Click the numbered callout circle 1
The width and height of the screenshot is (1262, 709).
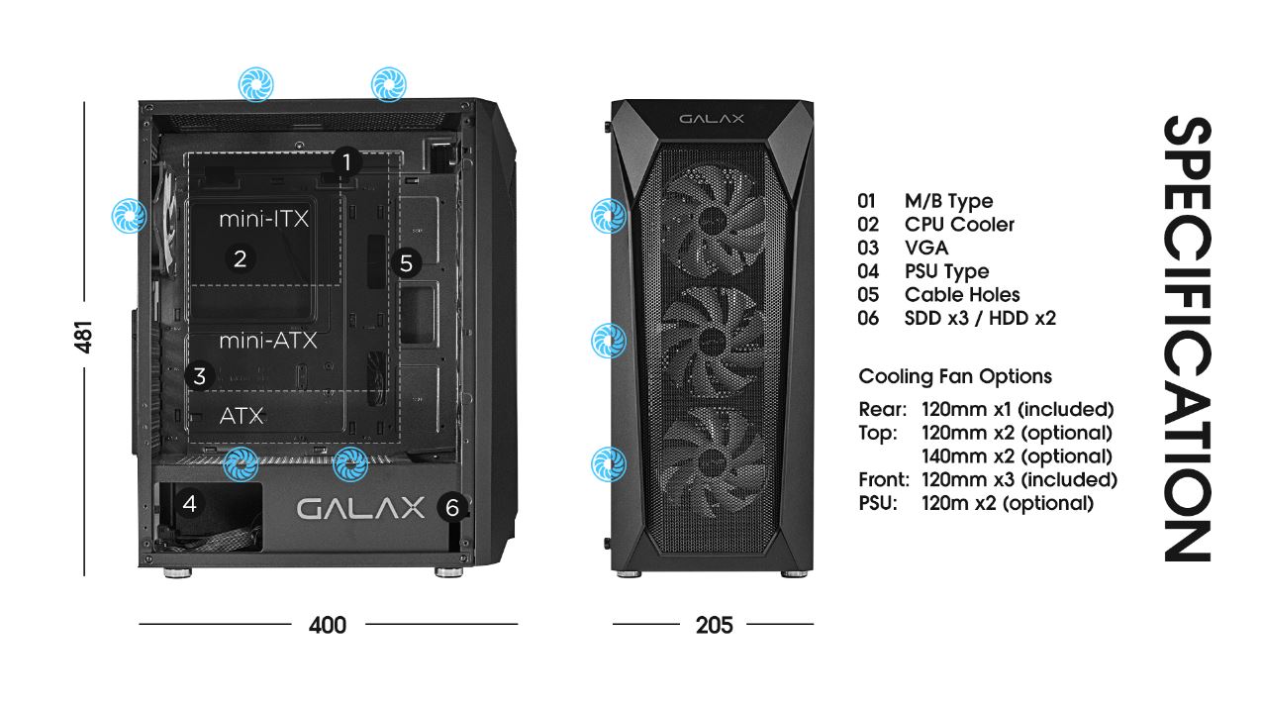coord(346,162)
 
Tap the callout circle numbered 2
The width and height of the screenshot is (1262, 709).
coord(241,258)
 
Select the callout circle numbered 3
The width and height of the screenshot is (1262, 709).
coord(199,376)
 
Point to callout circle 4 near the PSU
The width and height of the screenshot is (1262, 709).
coord(190,503)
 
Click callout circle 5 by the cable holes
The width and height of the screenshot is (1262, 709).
coord(406,262)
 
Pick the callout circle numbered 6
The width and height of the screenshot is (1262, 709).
coord(452,507)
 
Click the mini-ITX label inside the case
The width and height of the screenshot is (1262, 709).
coord(263,219)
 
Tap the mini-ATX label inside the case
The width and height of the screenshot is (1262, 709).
coord(268,341)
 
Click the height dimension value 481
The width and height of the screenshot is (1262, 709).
coord(83,337)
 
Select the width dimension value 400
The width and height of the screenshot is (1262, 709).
coord(328,625)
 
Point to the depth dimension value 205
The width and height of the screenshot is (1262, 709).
coord(715,625)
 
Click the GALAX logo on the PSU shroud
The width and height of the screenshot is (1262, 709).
coord(360,508)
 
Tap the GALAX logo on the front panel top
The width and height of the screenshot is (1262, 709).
coord(712,119)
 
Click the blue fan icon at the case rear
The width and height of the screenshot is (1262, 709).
coord(129,215)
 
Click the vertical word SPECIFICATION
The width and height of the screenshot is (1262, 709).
coord(1187,339)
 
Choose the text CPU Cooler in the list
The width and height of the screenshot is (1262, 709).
coord(959,225)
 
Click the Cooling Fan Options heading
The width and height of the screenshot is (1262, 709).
coord(955,376)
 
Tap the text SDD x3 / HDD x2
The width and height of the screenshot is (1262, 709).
coord(980,319)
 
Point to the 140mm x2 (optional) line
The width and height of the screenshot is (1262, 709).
coord(1017,456)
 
